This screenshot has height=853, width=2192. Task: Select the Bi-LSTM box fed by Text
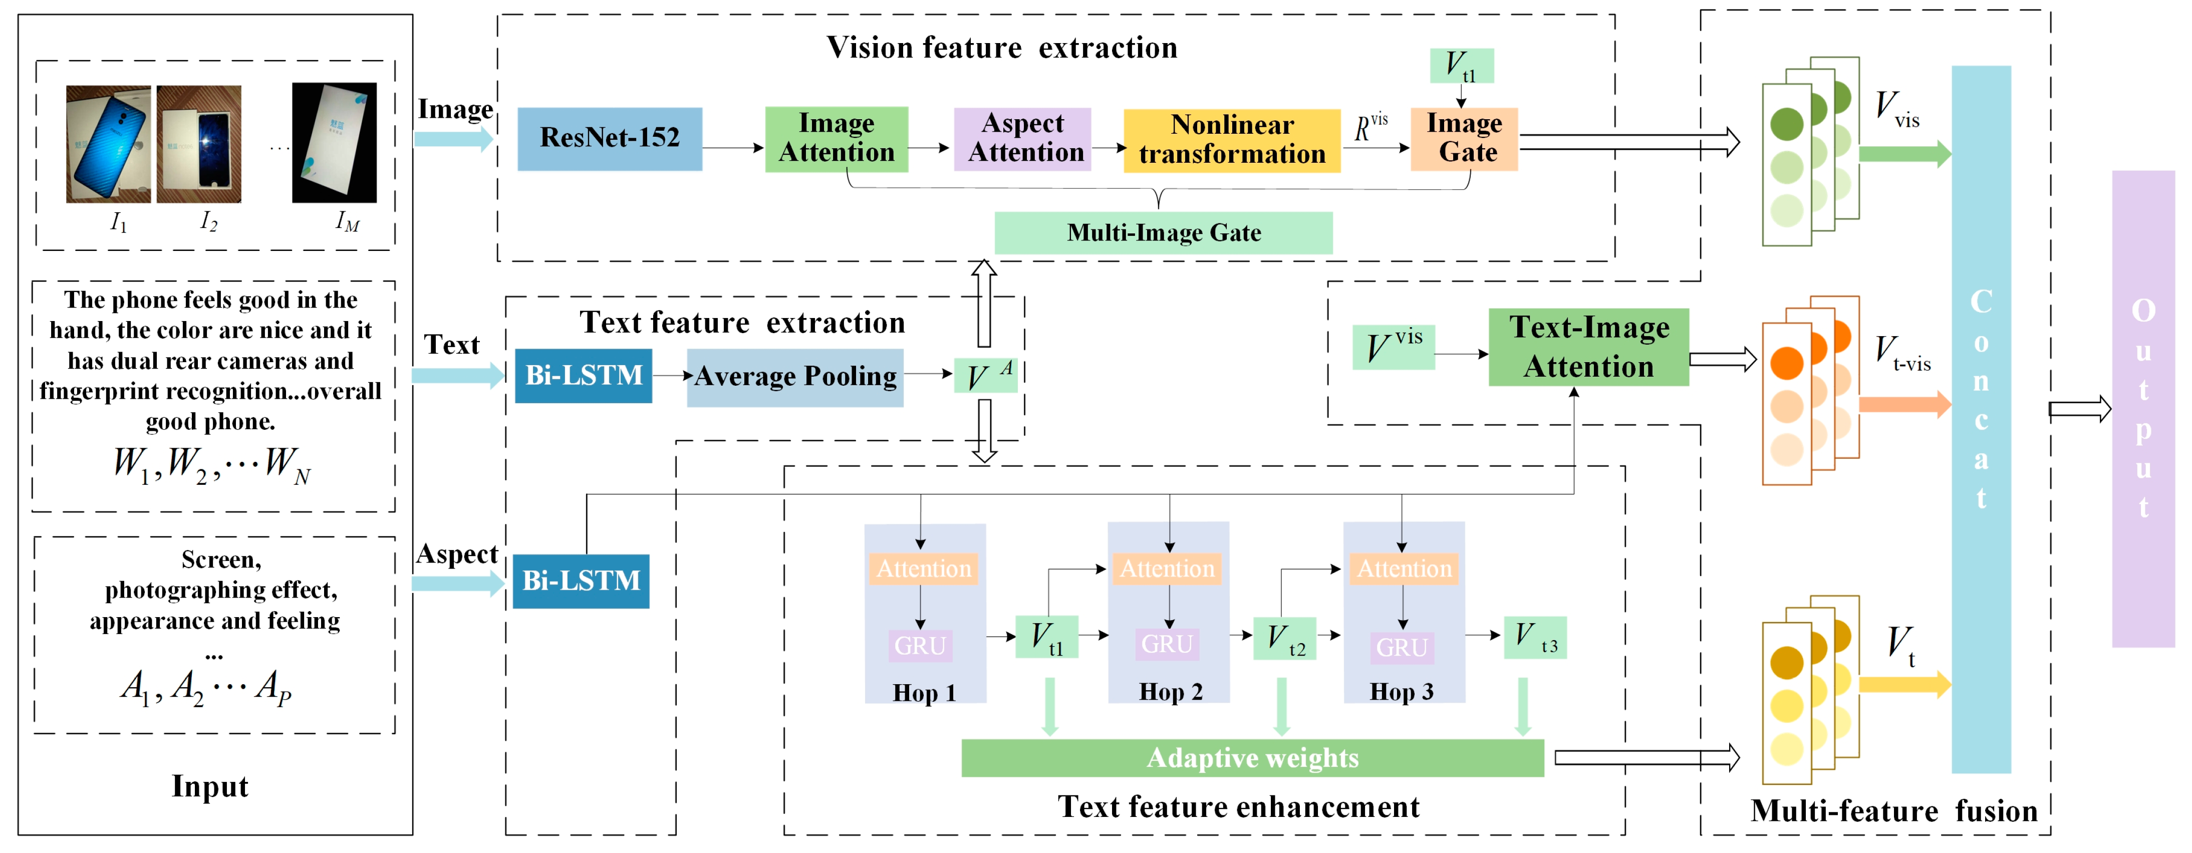pyautogui.click(x=583, y=376)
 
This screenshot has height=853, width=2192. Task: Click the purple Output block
pyautogui.click(x=2142, y=409)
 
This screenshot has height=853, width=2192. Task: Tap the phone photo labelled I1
pyautogui.click(x=108, y=144)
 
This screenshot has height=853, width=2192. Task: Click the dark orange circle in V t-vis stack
pyautogui.click(x=1786, y=364)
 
